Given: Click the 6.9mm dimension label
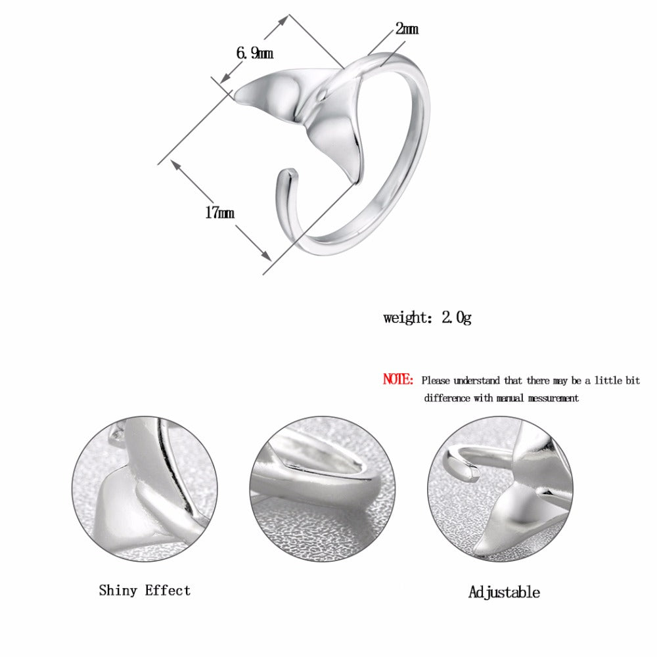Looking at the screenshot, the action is pos(254,53).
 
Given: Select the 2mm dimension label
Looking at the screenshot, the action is pos(407,28).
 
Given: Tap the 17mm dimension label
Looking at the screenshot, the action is pos(219,213).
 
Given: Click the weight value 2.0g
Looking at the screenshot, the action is pos(457,317).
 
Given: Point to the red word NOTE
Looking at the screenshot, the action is pos(397,379).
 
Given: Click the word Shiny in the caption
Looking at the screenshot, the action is pos(118,591).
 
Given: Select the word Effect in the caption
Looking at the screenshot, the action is pos(168,591).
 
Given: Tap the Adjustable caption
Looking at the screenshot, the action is pos(504,593).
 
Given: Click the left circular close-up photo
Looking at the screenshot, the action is pos(145,489).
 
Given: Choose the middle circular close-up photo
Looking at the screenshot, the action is pos(322,489).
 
